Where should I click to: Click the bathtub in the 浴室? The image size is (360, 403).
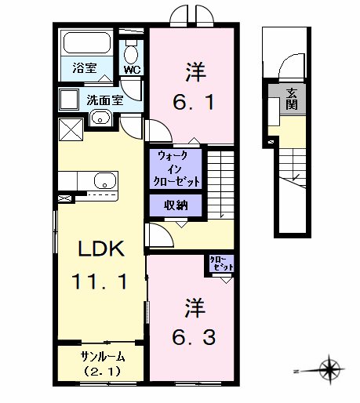[x=87, y=43]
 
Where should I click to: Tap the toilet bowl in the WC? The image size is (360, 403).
[x=132, y=54]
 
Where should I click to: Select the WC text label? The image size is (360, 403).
[x=132, y=70]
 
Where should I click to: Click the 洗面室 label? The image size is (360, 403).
[x=104, y=100]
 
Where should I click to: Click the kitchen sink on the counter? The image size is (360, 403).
[x=105, y=180]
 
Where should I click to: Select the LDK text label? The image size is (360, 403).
[x=101, y=249]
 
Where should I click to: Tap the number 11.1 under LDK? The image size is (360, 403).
[x=100, y=281]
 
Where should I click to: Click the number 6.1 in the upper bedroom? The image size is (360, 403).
[x=194, y=102]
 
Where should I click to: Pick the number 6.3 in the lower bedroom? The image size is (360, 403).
[x=194, y=337]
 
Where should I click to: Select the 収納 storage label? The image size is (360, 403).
[x=176, y=205]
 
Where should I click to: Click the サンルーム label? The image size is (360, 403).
[x=103, y=357]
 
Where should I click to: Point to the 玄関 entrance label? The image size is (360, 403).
[x=292, y=99]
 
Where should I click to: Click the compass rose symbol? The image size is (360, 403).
[x=330, y=369]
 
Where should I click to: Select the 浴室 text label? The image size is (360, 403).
[x=84, y=68]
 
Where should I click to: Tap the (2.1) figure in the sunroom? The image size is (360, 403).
[x=102, y=371]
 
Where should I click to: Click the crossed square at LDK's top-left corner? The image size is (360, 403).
[x=71, y=129]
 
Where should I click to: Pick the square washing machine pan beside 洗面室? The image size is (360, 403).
[x=69, y=100]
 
